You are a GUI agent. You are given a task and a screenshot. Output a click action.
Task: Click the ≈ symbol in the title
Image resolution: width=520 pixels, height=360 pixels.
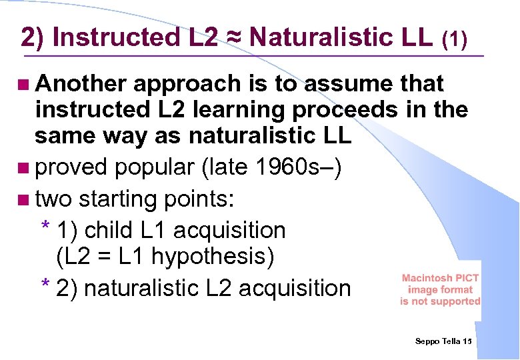(x=236, y=37)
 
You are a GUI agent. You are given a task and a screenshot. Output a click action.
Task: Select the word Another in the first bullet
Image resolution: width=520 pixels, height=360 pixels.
(x=81, y=84)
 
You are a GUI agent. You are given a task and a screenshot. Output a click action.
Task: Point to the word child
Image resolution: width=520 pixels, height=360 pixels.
(x=109, y=231)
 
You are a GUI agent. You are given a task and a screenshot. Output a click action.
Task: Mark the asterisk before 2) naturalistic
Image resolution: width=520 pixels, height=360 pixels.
(x=45, y=287)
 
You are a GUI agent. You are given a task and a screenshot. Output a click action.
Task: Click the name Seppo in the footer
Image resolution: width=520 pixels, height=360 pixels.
(x=427, y=341)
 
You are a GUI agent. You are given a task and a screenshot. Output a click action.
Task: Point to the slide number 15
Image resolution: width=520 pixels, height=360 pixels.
(x=467, y=341)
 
